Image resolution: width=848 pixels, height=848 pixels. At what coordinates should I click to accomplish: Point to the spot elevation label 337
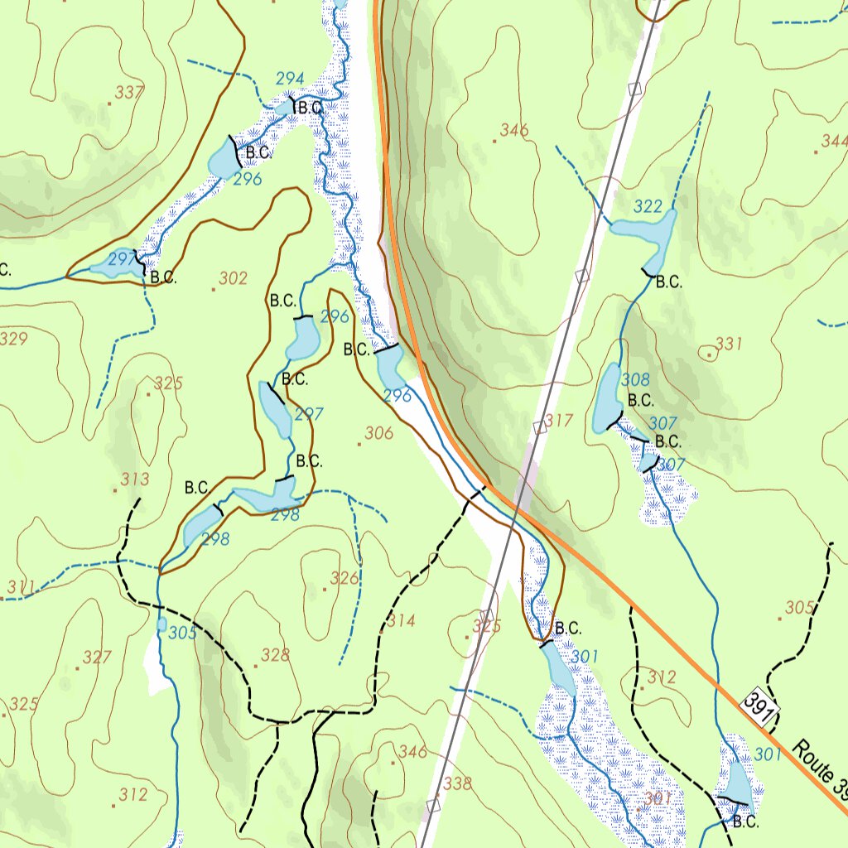pos(129,92)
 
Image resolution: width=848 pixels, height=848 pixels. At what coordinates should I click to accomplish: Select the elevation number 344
pos(833,141)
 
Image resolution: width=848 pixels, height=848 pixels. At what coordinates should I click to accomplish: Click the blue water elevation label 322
pos(648,206)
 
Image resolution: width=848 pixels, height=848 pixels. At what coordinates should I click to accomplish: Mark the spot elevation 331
pos(729,344)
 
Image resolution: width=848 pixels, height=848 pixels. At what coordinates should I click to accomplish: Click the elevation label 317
pos(559,421)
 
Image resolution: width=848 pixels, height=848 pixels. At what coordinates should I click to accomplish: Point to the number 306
pos(378,432)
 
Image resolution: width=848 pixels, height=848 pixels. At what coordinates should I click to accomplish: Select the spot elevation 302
pos(233,279)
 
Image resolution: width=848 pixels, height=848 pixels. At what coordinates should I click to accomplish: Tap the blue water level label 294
pos(290,79)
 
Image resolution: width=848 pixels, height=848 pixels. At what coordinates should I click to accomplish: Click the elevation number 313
pos(135,479)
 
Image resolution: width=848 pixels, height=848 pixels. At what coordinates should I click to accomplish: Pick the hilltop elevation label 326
pos(344,578)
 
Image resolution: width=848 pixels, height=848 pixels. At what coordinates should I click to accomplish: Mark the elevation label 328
pos(276,656)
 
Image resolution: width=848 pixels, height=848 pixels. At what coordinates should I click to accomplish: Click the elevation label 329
pos(13,339)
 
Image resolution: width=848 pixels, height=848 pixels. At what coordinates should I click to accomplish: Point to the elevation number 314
pos(401,621)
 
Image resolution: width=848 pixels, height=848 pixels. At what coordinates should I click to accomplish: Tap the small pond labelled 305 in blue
pos(161,624)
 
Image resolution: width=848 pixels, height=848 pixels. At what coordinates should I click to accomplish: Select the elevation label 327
pos(97,658)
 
